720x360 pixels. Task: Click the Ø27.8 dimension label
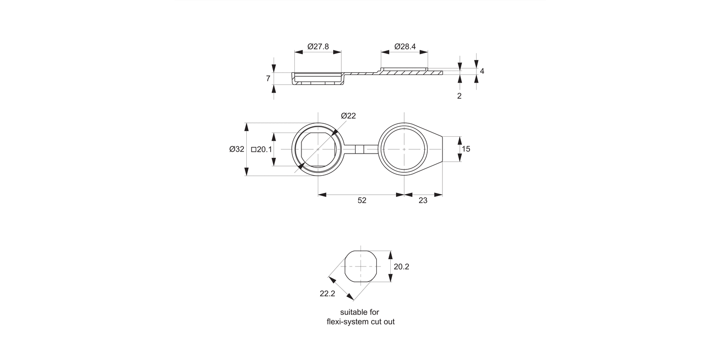click(318, 47)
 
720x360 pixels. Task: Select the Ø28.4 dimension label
click(405, 47)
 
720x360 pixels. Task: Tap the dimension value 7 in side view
click(268, 79)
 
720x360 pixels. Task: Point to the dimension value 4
click(482, 71)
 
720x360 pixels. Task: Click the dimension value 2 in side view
click(459, 96)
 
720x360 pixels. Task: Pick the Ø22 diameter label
click(348, 116)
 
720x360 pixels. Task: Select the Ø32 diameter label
click(237, 149)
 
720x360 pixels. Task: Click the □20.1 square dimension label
click(262, 149)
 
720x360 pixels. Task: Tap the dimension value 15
click(466, 149)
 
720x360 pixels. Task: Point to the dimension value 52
click(361, 201)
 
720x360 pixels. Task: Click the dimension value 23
click(423, 201)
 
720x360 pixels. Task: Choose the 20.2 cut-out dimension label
click(401, 267)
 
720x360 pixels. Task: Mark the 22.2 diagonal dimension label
click(327, 294)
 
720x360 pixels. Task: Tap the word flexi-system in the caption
click(347, 322)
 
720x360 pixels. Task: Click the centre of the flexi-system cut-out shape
click(362, 266)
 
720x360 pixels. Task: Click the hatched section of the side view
click(403, 73)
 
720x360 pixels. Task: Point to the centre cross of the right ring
click(405, 149)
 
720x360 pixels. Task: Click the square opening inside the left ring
click(318, 149)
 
